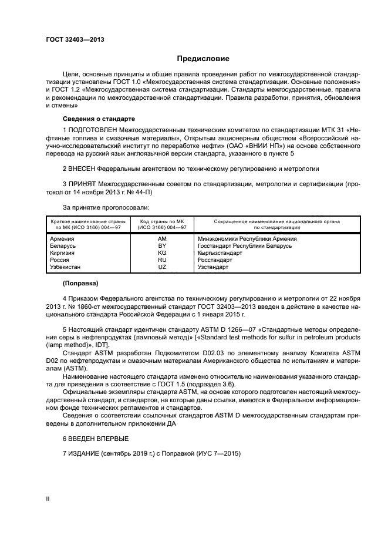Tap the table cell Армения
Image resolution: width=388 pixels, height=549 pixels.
point(62,239)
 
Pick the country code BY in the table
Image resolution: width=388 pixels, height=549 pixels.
point(162,246)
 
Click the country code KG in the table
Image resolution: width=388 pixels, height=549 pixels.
point(162,253)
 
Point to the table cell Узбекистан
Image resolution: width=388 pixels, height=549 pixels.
point(67,267)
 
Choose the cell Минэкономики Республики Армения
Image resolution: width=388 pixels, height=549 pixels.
point(247,239)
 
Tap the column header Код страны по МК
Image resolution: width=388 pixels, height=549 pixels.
point(162,220)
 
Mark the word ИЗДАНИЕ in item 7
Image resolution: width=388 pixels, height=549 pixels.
point(85,453)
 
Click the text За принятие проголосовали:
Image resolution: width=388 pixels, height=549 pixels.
point(105,207)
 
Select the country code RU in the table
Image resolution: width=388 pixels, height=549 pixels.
point(162,260)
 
